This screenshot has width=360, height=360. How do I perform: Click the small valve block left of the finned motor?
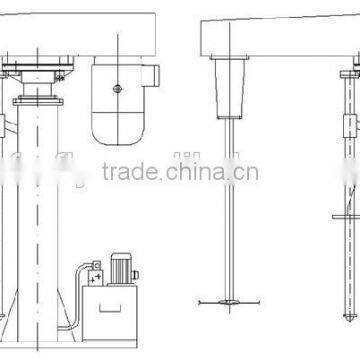pos(96,272)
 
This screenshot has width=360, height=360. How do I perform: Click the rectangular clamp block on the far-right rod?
pos(349,128)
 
